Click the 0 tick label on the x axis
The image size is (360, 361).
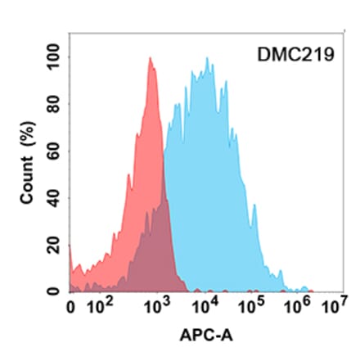70,309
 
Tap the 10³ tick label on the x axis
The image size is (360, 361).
154,309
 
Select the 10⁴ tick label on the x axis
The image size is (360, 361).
201,309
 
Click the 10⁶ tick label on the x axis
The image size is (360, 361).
296,309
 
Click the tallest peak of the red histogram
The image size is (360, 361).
150,58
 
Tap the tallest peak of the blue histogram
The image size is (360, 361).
208,59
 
